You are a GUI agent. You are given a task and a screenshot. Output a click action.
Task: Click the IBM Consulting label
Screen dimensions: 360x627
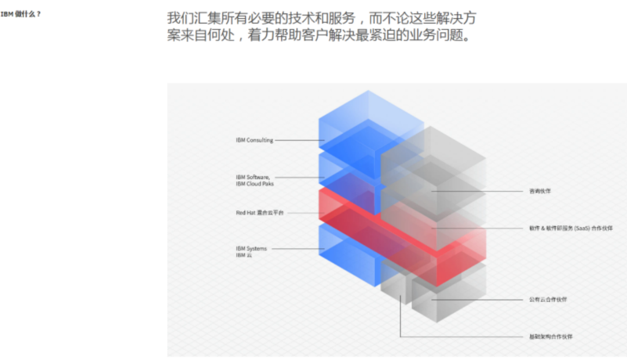[254, 141]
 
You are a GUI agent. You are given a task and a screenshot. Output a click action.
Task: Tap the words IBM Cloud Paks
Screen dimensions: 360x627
[254, 184]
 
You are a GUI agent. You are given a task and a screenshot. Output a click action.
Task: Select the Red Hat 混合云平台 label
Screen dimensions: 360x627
[260, 213]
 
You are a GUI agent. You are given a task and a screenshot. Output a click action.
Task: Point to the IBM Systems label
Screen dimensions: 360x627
[251, 249]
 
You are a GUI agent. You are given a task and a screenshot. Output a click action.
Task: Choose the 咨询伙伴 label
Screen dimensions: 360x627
[539, 191]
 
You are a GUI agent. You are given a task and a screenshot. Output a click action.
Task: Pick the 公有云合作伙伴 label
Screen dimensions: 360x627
[547, 300]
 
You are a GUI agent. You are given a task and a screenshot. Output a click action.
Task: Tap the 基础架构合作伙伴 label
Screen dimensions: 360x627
[550, 337]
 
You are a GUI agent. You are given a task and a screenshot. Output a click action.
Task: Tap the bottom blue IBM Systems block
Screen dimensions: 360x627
[348, 255]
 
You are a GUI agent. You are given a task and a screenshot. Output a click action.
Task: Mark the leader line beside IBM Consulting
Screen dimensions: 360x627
[298, 141]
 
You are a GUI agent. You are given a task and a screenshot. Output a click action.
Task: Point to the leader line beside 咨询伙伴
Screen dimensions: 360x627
[476, 191]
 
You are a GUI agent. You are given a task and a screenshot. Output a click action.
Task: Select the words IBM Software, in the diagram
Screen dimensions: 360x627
[253, 177]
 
